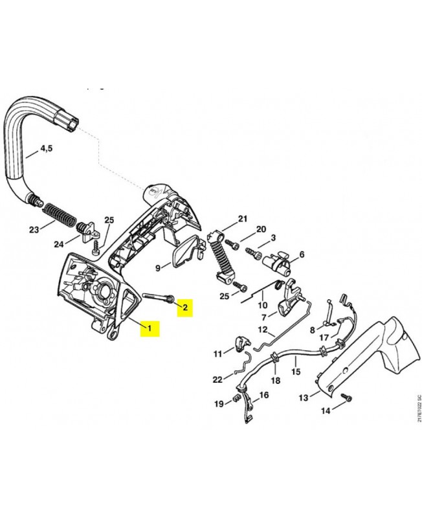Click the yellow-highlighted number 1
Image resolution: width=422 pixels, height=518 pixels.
150,328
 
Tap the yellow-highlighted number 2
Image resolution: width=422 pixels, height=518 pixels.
185,307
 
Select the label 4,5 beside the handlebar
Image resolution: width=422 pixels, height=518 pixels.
47,148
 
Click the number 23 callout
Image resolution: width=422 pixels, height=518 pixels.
34,229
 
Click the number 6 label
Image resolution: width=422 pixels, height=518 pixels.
301,255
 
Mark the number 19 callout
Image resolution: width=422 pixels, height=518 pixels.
219,403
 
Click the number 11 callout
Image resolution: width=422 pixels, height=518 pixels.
218,354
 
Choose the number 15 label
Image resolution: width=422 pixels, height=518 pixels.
296,372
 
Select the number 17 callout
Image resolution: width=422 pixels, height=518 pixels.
324,337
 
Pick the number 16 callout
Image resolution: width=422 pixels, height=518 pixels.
263,395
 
